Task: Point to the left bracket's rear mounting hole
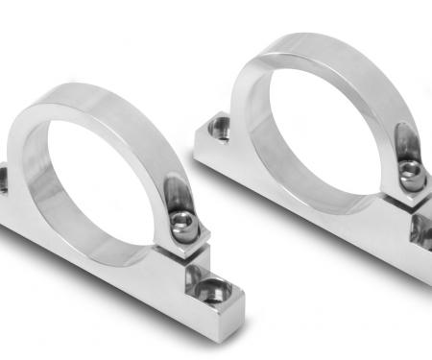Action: click(2, 178)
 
